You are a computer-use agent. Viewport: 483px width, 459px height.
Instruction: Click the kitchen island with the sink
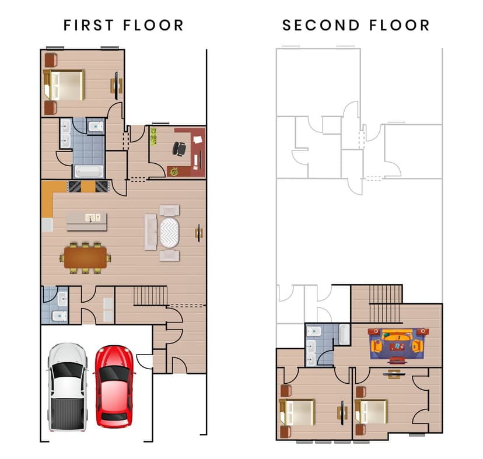click(x=87, y=221)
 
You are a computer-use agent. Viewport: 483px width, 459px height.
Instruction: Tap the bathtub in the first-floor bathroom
click(x=88, y=171)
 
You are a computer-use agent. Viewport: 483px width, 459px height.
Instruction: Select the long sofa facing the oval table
click(x=151, y=232)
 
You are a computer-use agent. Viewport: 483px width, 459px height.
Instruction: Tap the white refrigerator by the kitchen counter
click(x=47, y=225)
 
